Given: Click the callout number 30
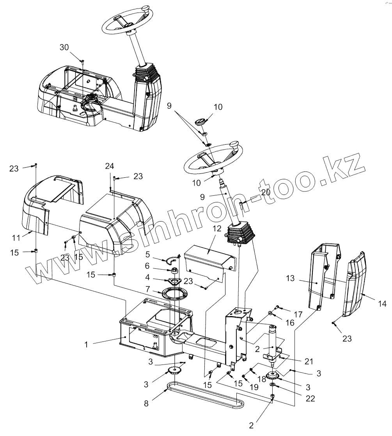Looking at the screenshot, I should [64, 47].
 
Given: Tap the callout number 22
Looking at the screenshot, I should [310, 398].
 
